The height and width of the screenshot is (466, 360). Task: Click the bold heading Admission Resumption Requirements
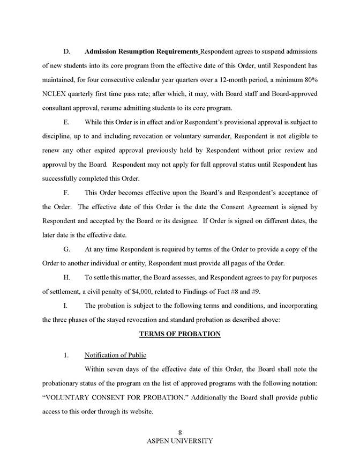(x=141, y=51)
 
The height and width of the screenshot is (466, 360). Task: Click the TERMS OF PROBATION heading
(x=179, y=334)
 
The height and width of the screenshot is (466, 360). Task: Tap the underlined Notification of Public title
(x=115, y=356)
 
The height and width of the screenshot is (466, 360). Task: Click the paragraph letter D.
(x=67, y=51)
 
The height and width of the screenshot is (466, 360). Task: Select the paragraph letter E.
(x=66, y=122)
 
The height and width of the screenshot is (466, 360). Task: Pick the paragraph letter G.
(x=67, y=249)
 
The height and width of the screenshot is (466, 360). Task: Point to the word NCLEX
(x=54, y=94)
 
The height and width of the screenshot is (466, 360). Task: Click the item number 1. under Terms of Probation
(x=66, y=356)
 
